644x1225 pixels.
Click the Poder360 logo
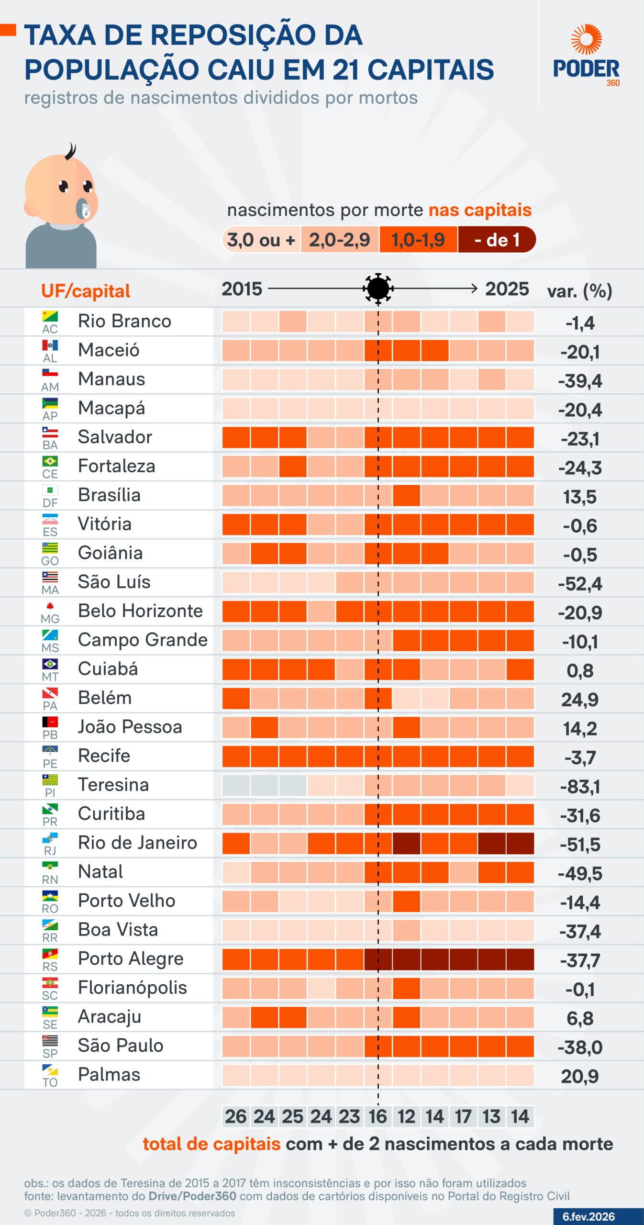pos(586,56)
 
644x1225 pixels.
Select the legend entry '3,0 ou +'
pos(261,240)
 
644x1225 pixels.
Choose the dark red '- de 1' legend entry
pos(497,240)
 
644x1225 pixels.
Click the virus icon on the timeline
pos(378,289)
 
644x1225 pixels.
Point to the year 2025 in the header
pos(507,289)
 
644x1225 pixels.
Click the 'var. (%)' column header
pos(579,291)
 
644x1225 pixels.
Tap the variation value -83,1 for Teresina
pos(580,787)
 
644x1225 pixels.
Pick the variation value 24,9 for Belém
pos(580,700)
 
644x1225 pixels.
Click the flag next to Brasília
pos(50,490)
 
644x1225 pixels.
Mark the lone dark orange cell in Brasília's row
pos(406,495)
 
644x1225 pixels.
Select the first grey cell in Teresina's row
pos(236,785)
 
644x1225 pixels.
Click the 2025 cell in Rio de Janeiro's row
pos(520,843)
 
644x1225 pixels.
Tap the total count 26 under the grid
pos(236,1116)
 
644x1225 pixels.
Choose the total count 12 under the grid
pos(406,1116)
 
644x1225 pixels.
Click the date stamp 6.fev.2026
pos(588,1216)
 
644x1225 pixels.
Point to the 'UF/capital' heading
pos(86,291)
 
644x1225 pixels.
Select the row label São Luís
pos(114,582)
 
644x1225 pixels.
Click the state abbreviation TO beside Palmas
pos(50,1082)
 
